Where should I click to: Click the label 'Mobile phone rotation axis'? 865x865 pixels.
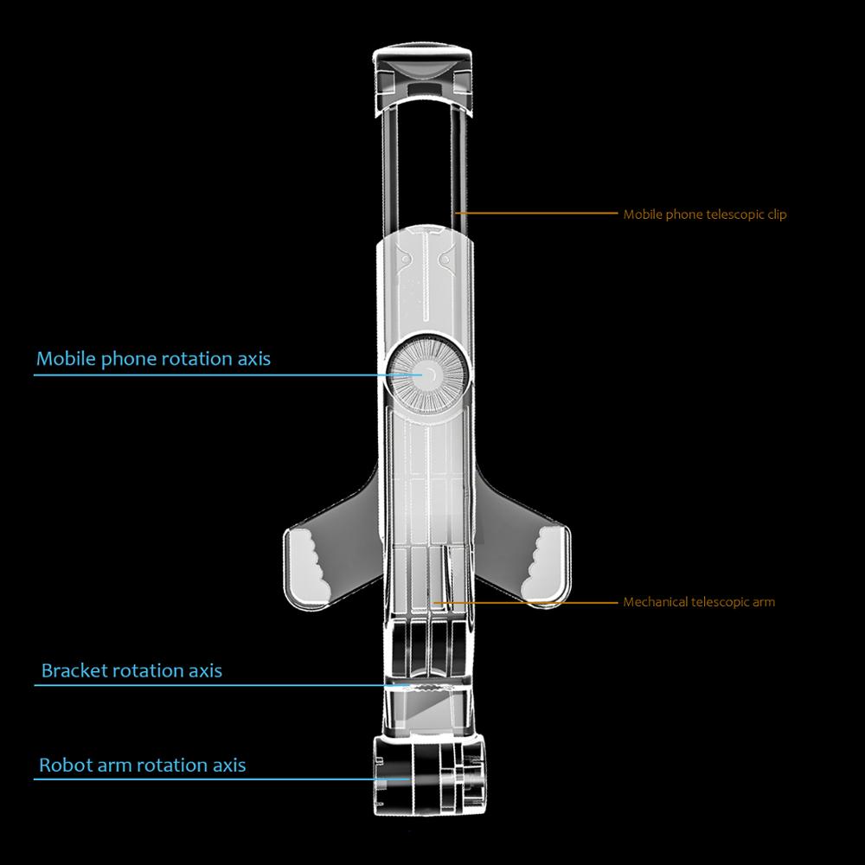(x=153, y=359)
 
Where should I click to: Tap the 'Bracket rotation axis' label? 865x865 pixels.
(x=131, y=671)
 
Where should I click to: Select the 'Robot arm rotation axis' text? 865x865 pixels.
(x=143, y=766)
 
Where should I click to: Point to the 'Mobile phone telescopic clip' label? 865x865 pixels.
(x=705, y=215)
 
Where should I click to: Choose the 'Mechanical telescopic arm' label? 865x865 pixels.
(x=699, y=602)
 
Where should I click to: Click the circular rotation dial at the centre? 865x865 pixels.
(x=429, y=374)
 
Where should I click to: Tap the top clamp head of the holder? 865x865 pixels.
(x=423, y=80)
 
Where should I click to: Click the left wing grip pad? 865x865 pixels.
(x=311, y=565)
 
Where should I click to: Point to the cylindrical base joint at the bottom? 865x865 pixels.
(x=429, y=774)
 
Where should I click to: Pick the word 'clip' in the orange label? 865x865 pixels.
(x=777, y=215)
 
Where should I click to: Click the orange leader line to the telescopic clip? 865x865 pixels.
(x=537, y=213)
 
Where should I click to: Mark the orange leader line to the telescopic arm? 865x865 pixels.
(x=526, y=602)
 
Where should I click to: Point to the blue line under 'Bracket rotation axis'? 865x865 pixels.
(x=221, y=685)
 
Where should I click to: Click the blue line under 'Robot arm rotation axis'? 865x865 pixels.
(x=221, y=779)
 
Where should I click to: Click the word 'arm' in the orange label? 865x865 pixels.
(x=764, y=603)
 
